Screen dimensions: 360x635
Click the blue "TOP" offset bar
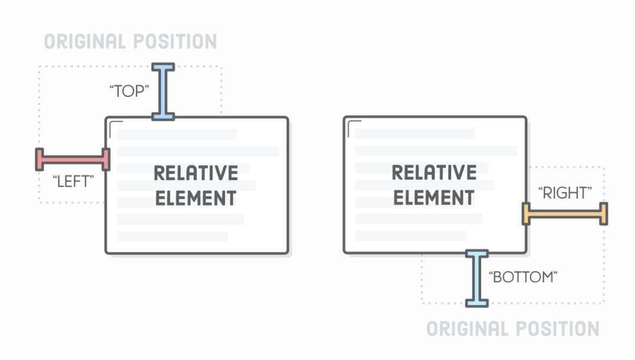click(163, 91)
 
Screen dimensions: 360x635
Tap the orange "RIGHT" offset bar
click(565, 214)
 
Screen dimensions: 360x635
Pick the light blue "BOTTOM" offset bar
click(477, 278)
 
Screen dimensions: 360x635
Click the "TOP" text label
click(129, 91)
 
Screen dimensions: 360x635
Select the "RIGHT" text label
click(564, 193)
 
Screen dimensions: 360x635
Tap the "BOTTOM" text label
click(524, 277)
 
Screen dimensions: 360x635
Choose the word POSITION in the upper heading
click(175, 42)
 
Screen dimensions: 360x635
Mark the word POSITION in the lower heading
click(557, 329)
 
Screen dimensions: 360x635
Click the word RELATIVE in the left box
click(196, 173)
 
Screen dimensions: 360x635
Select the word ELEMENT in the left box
click(196, 198)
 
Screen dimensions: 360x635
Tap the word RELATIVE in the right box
click(434, 173)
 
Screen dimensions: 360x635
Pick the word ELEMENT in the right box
click(434, 198)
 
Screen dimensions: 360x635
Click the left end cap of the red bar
click(39, 159)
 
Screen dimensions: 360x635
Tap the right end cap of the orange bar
click(603, 214)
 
